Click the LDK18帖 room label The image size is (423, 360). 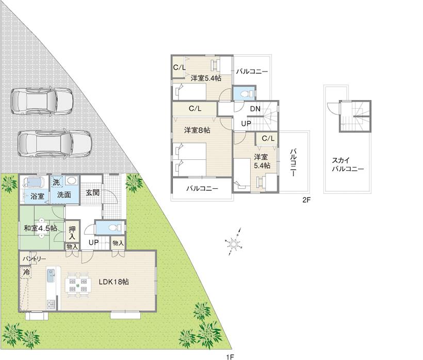pyautogui.click(x=113, y=282)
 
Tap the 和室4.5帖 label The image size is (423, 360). pyautogui.click(x=40, y=227)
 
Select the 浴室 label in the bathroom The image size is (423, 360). pyautogui.click(x=37, y=197)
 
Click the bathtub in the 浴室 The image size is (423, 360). pyautogui.click(x=34, y=183)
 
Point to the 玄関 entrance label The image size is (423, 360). pyautogui.click(x=92, y=193)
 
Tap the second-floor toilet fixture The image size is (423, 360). pyautogui.click(x=244, y=93)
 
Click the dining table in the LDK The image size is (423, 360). pyautogui.click(x=78, y=285)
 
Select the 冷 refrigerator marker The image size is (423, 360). pyautogui.click(x=25, y=271)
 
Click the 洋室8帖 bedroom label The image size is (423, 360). pyautogui.click(x=197, y=130)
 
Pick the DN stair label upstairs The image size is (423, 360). pyautogui.click(x=255, y=109)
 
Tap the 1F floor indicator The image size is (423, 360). pyautogui.click(x=230, y=356)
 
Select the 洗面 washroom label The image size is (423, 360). pyautogui.click(x=64, y=195)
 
